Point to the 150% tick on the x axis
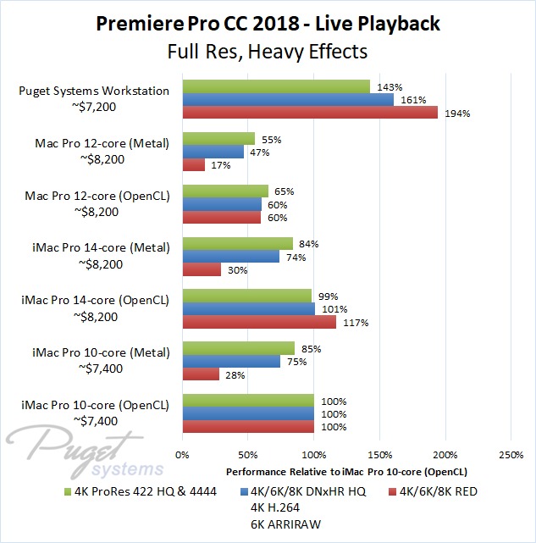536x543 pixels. click(x=380, y=454)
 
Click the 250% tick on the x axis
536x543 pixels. click(x=511, y=454)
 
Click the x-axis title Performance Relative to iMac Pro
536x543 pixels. click(x=347, y=470)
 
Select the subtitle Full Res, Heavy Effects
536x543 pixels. click(x=268, y=52)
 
